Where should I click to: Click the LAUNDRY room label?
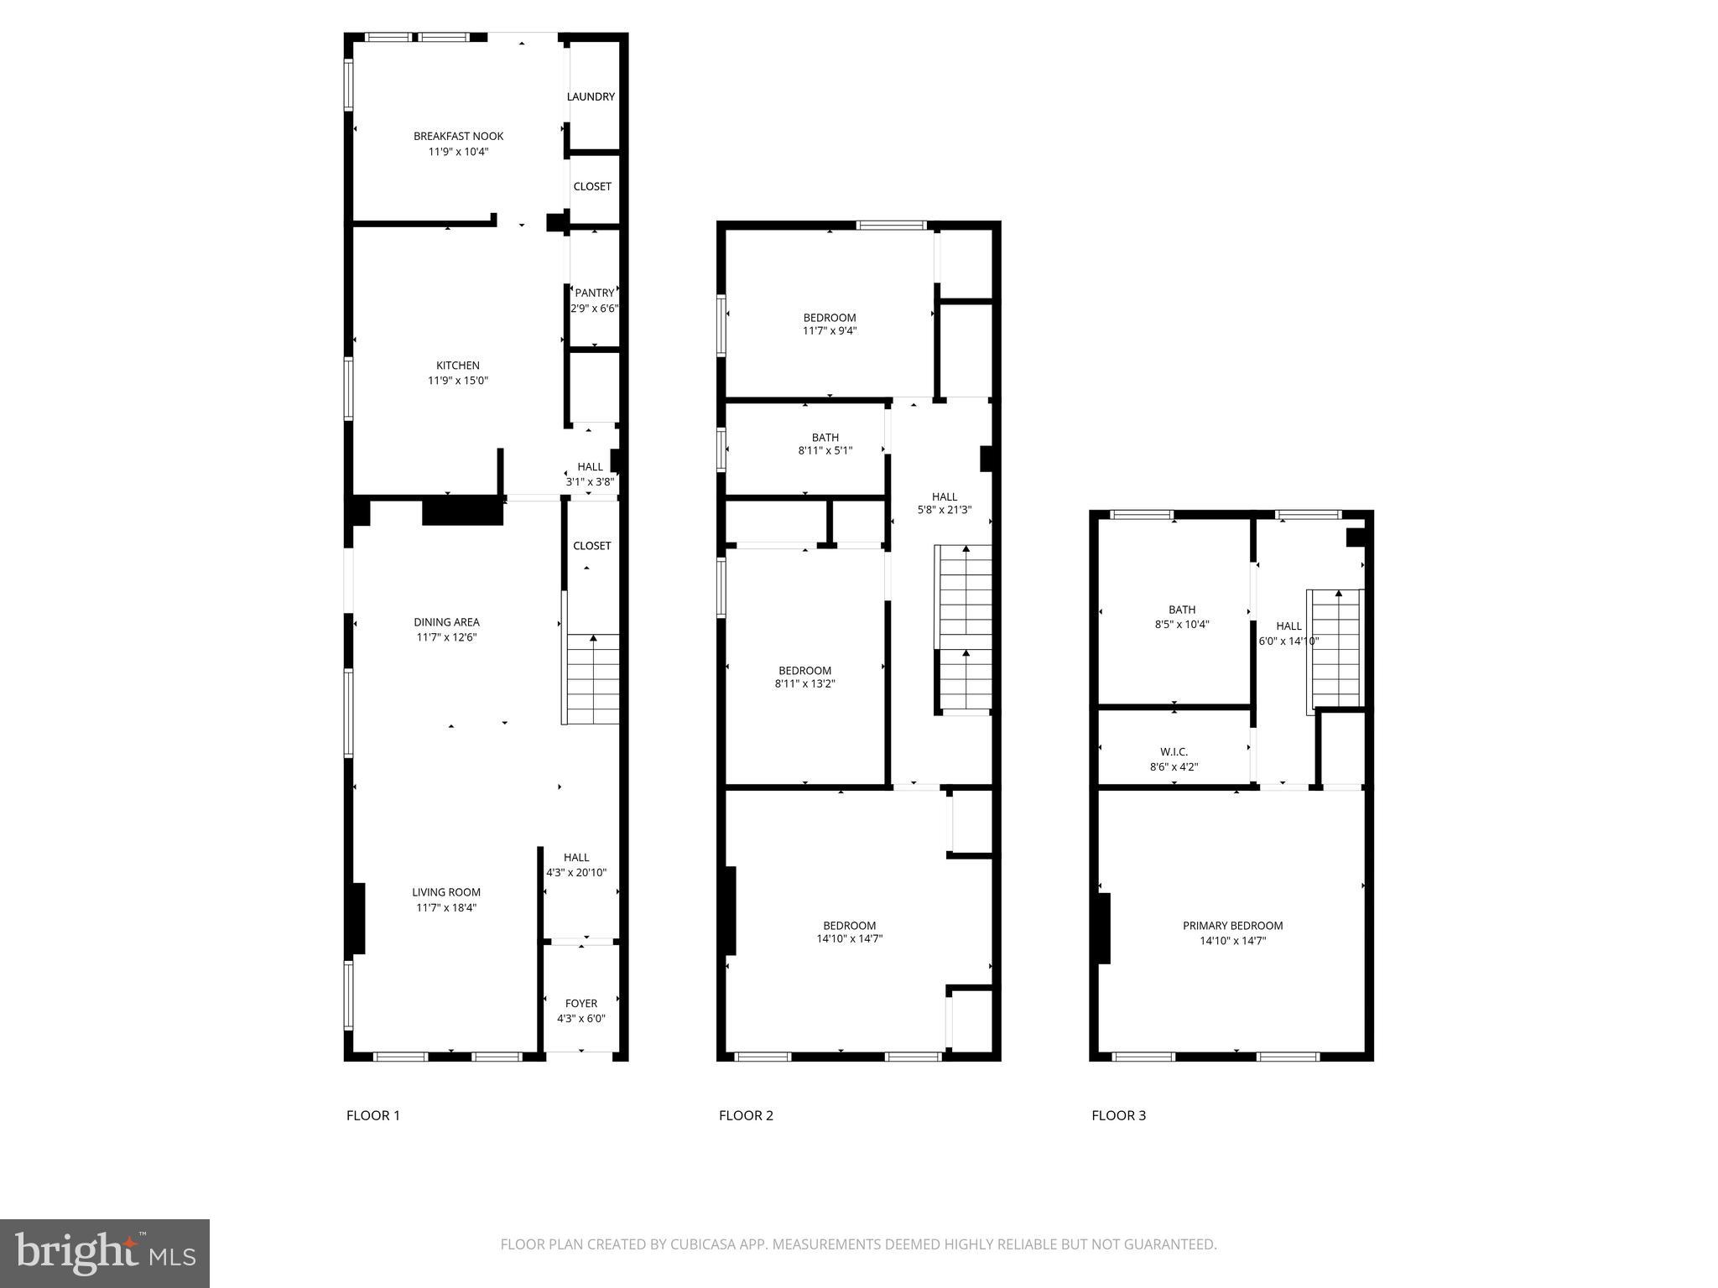[591, 96]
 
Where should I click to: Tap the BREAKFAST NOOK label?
[458, 136]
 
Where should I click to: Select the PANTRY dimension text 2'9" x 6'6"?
[594, 308]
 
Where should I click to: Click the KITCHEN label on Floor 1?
[458, 365]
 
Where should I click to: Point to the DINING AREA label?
[446, 621]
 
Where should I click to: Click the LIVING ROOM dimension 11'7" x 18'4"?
[446, 907]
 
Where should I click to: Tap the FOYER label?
[581, 1003]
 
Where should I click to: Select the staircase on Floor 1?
[593, 679]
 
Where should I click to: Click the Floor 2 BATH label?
[825, 437]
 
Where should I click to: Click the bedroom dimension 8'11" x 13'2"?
[804, 683]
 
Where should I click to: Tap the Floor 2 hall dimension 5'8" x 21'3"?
[944, 509]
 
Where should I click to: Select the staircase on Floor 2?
[965, 629]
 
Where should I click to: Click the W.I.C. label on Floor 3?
[1174, 751]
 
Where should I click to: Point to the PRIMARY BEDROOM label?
[1232, 926]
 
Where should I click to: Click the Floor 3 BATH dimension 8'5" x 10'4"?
[1182, 624]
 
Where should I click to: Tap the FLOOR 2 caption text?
[746, 1115]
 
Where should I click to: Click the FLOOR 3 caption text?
[1118, 1115]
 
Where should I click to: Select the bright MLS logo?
[105, 1253]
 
